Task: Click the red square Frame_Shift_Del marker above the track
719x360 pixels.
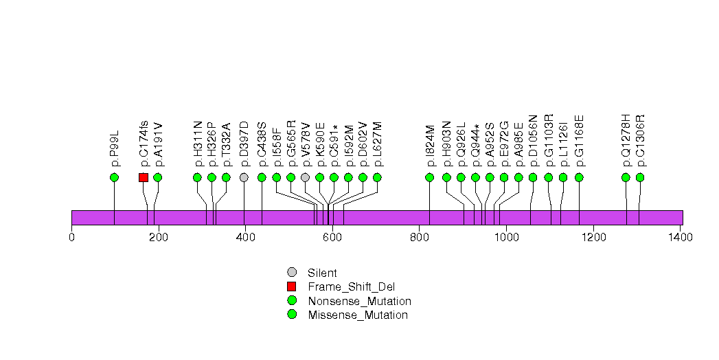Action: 144,177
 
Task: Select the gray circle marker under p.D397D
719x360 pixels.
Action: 244,177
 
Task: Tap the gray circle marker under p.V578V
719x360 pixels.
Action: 305,177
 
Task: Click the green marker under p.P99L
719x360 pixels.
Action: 114,177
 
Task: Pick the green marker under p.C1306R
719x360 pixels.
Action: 640,177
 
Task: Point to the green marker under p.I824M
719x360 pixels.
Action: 430,177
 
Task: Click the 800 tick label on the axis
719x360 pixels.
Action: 420,238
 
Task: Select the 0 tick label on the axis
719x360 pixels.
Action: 71,238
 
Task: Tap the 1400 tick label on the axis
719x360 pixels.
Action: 680,238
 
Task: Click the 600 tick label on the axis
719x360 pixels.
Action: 332,238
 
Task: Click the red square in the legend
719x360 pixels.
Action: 292,286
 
